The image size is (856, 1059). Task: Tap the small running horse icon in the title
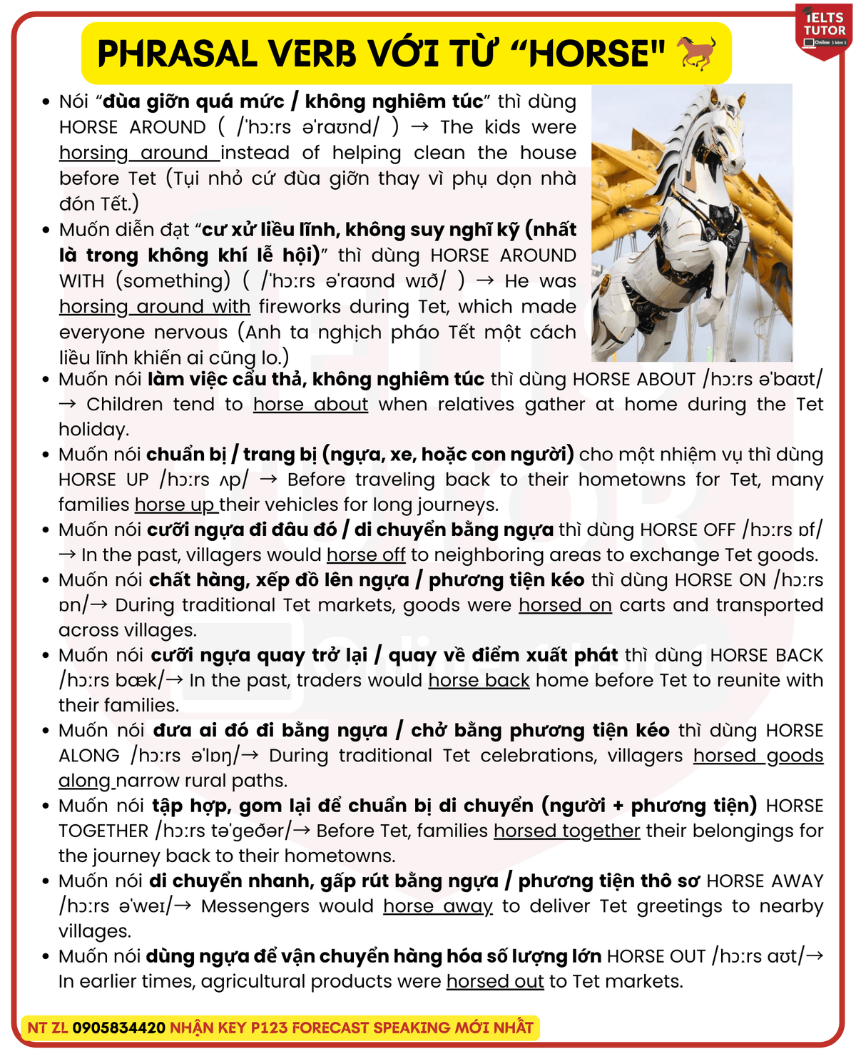[695, 53]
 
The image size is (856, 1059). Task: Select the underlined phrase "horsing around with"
[155, 307]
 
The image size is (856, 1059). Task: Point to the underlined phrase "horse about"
[310, 405]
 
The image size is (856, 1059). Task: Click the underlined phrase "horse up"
[175, 505]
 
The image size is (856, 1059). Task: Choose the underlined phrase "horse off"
[366, 555]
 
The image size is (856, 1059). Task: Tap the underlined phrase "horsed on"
[565, 605]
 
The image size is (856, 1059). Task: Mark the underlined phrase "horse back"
[479, 680]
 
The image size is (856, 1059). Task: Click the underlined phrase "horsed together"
[566, 831]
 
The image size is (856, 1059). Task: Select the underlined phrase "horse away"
[437, 906]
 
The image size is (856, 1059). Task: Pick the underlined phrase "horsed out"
[495, 981]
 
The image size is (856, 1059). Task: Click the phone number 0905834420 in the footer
[118, 1028]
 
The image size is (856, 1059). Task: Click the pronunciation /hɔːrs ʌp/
[203, 480]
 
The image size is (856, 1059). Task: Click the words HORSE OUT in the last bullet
[656, 956]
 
